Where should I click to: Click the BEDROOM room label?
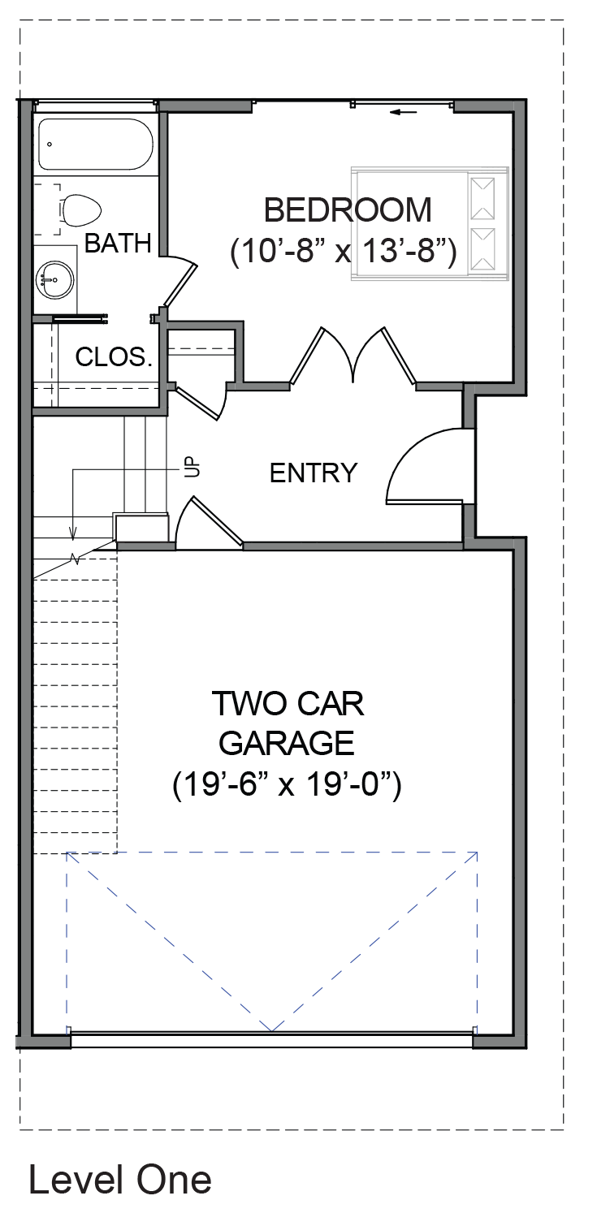tap(348, 210)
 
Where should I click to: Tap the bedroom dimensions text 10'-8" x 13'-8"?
tap(344, 251)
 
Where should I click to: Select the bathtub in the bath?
tap(95, 145)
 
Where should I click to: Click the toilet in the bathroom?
tap(82, 210)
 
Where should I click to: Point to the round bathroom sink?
tap(54, 279)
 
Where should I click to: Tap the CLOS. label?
tap(114, 357)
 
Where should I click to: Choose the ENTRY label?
tap(314, 473)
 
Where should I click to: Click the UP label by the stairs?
tap(193, 466)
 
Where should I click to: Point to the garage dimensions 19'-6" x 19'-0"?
tap(287, 784)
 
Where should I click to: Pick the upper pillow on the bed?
tap(482, 199)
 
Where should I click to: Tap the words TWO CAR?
tap(288, 703)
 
